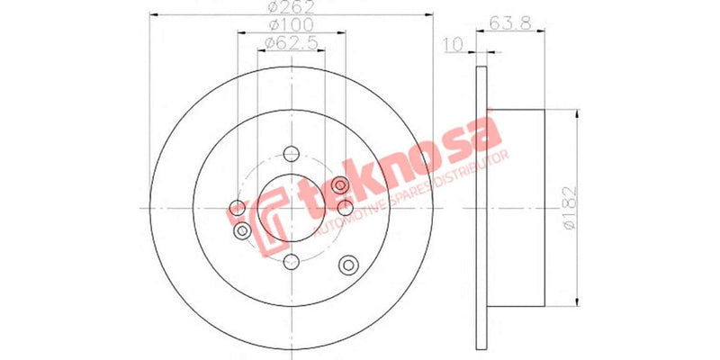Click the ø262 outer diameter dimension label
[292, 8]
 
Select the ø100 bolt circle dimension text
[291, 24]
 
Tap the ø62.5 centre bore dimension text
[291, 42]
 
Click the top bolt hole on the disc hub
[291, 154]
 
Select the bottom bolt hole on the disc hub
[291, 262]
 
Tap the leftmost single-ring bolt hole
[238, 209]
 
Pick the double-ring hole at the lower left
[241, 232]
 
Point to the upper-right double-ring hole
[340, 185]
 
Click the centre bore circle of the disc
[291, 208]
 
